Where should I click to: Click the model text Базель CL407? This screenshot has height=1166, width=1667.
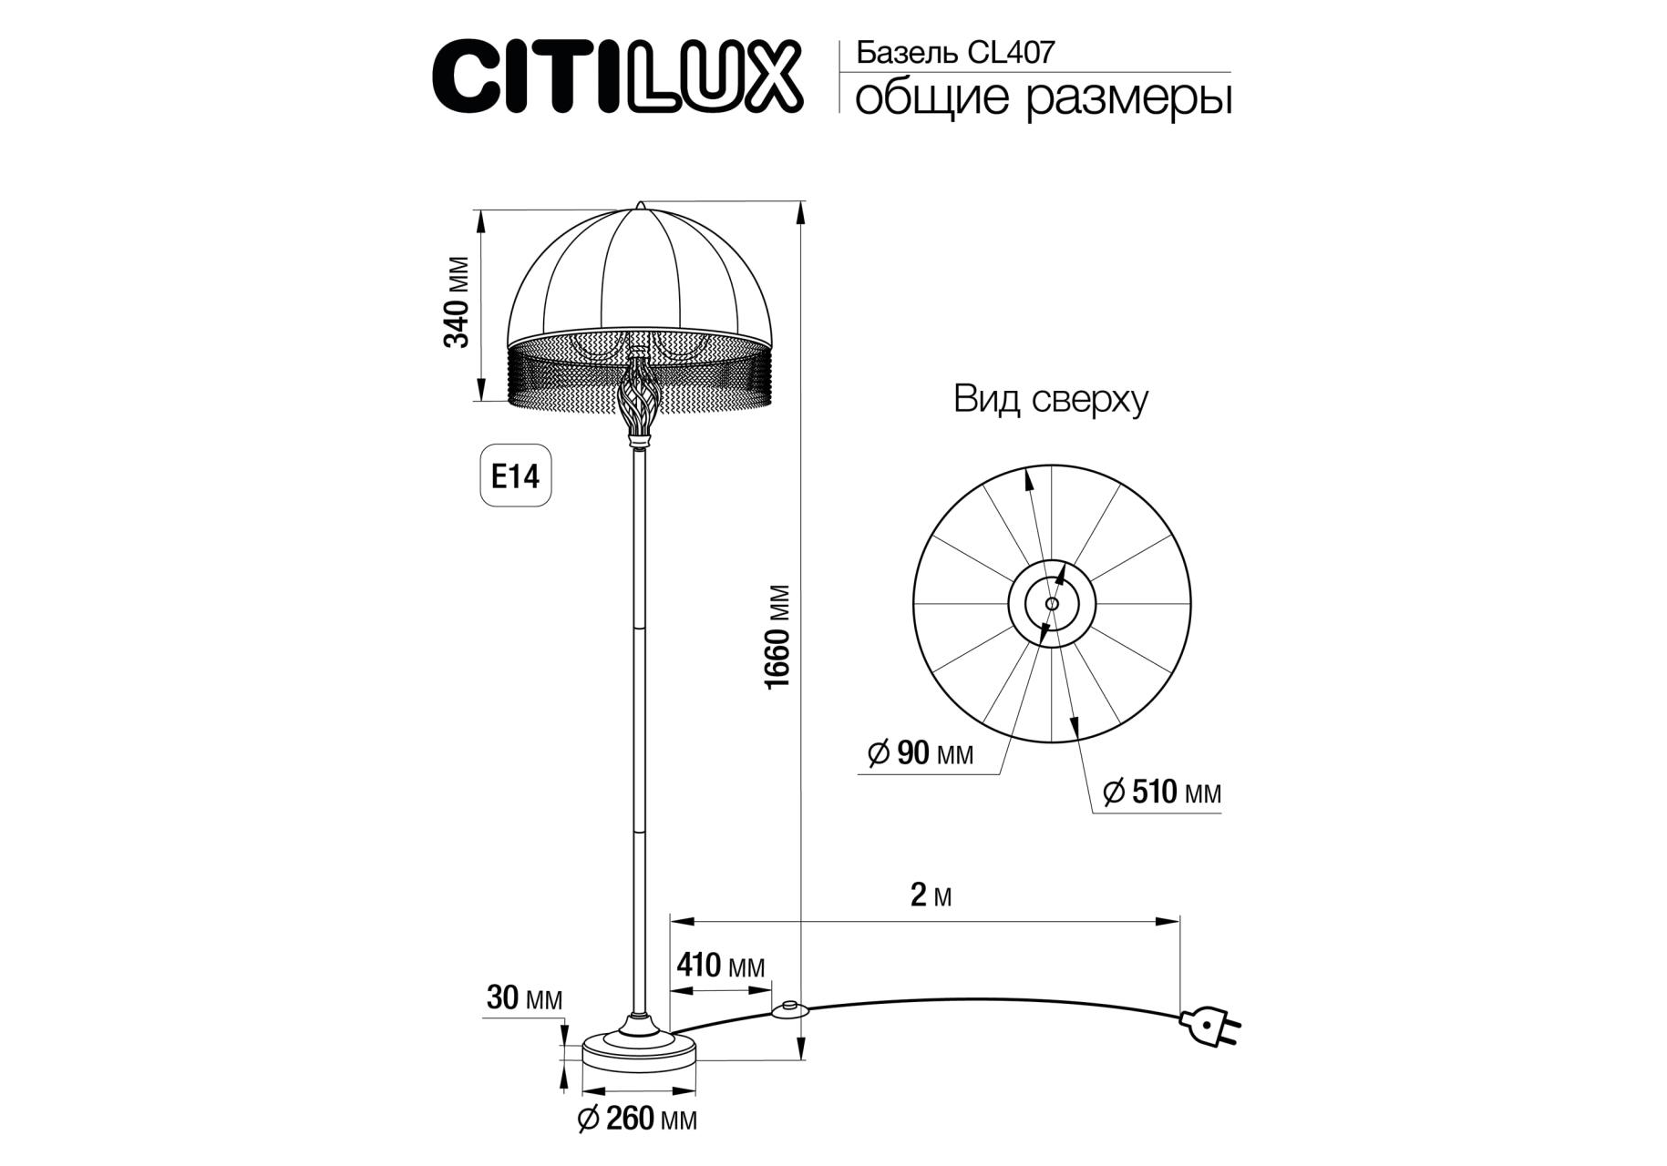955,53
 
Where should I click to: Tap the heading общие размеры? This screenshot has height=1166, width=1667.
1044,97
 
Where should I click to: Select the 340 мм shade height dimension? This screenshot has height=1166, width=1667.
457,302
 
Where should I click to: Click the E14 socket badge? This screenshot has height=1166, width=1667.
516,476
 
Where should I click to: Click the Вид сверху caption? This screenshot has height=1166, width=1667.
1050,399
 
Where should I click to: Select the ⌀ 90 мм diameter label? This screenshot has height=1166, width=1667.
920,753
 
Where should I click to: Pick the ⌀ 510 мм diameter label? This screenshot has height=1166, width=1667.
1161,793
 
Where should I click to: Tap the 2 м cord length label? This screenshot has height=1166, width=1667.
931,895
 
